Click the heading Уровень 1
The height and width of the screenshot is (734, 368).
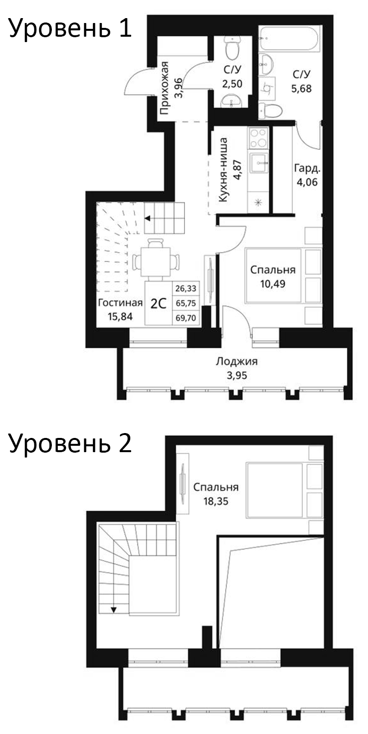pos(70,30)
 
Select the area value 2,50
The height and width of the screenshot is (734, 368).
pos(232,83)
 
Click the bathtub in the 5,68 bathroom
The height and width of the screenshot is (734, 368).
pos(290,38)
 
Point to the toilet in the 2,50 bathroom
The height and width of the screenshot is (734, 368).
pos(231,47)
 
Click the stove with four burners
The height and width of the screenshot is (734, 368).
pos(258,138)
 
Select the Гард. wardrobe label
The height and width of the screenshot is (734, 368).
pos(307,169)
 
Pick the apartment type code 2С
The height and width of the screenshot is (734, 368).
pos(158,303)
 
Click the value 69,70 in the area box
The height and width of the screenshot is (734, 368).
pos(185,318)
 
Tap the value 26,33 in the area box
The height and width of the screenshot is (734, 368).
pos(185,289)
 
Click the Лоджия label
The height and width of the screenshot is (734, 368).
pos(236,362)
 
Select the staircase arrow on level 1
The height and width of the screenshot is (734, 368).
pos(147,218)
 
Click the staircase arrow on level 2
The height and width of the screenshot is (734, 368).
pos(114,609)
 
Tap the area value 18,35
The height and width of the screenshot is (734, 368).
pos(215,501)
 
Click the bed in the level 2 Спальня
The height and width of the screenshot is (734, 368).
pos(276,490)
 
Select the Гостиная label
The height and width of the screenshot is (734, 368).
pos(120,302)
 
